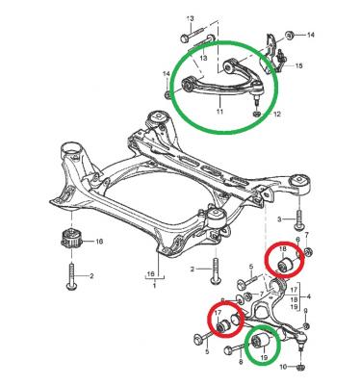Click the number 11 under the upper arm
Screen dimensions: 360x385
coord(219,112)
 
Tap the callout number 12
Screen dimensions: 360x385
coord(276,114)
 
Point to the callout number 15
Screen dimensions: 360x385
coord(298,65)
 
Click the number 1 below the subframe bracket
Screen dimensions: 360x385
coord(154,285)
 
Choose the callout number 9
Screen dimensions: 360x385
coord(305,311)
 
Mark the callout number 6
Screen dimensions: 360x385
coord(297,240)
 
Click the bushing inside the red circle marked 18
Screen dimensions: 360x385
coord(283,266)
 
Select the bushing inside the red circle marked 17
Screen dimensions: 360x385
coord(222,325)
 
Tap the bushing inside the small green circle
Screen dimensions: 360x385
coord(260,341)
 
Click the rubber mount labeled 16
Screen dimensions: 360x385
coord(70,240)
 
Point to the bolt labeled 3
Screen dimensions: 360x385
coord(299,220)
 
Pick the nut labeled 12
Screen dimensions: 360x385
coord(257,114)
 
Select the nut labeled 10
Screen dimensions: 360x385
coord(301,367)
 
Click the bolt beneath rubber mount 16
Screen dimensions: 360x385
coord(71,276)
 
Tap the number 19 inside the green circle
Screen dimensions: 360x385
coord(264,357)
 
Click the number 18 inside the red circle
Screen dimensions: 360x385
coord(283,250)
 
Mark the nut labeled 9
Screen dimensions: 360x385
coord(306,325)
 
